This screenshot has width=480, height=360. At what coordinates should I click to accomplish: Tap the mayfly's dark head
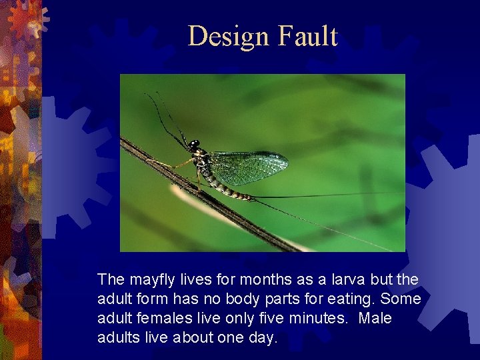coord(193,145)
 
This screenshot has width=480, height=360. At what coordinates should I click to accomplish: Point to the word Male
coord(375,318)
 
